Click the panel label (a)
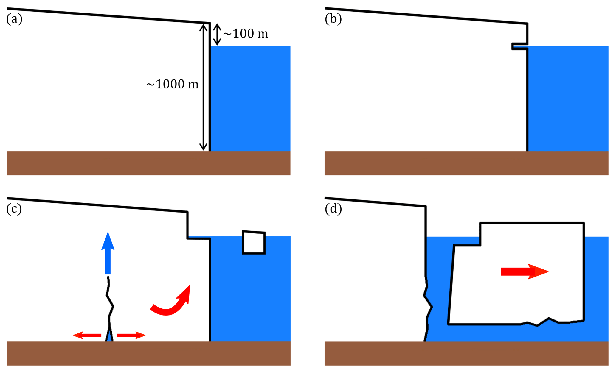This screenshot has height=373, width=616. [14, 19]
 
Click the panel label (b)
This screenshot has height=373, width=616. [333, 19]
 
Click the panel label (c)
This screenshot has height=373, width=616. [14, 209]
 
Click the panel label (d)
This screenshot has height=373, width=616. [333, 209]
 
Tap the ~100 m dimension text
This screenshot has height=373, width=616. [246, 34]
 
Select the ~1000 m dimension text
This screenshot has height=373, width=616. [172, 84]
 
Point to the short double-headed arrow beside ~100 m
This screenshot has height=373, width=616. [217, 34]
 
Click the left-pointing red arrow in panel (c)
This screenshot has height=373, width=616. [87, 335]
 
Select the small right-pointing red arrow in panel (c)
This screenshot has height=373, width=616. [131, 335]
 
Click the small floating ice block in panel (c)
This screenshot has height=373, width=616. [254, 242]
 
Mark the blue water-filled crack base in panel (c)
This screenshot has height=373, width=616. [109, 336]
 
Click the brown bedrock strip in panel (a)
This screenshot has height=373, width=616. [148, 163]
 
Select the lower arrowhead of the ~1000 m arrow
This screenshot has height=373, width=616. [203, 147]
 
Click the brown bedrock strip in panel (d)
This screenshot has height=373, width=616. [466, 353]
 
